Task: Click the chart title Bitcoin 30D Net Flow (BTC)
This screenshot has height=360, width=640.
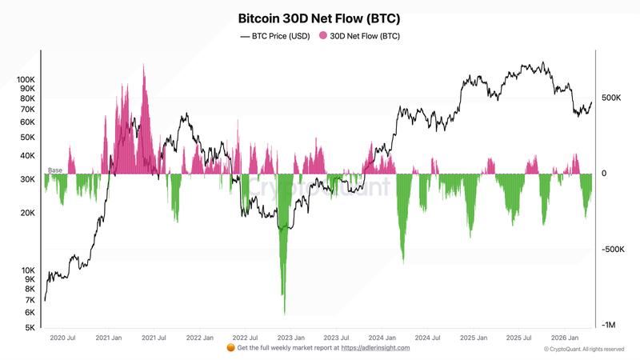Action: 319,17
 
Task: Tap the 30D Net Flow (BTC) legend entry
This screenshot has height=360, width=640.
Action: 360,36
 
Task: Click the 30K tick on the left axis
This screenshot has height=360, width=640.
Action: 27,179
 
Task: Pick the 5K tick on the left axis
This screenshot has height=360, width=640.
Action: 29,328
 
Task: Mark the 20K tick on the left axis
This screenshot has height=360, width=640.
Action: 27,213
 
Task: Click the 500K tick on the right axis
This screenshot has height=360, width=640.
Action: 611,98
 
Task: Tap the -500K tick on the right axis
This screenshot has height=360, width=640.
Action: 613,250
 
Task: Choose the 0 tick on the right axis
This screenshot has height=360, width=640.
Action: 604,174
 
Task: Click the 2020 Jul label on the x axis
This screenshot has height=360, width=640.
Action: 64,338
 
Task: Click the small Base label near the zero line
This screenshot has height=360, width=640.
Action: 55,170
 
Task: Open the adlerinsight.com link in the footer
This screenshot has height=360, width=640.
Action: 375,348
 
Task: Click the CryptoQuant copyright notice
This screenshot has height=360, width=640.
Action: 583,349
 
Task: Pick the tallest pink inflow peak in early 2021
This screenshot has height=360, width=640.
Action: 144,66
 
